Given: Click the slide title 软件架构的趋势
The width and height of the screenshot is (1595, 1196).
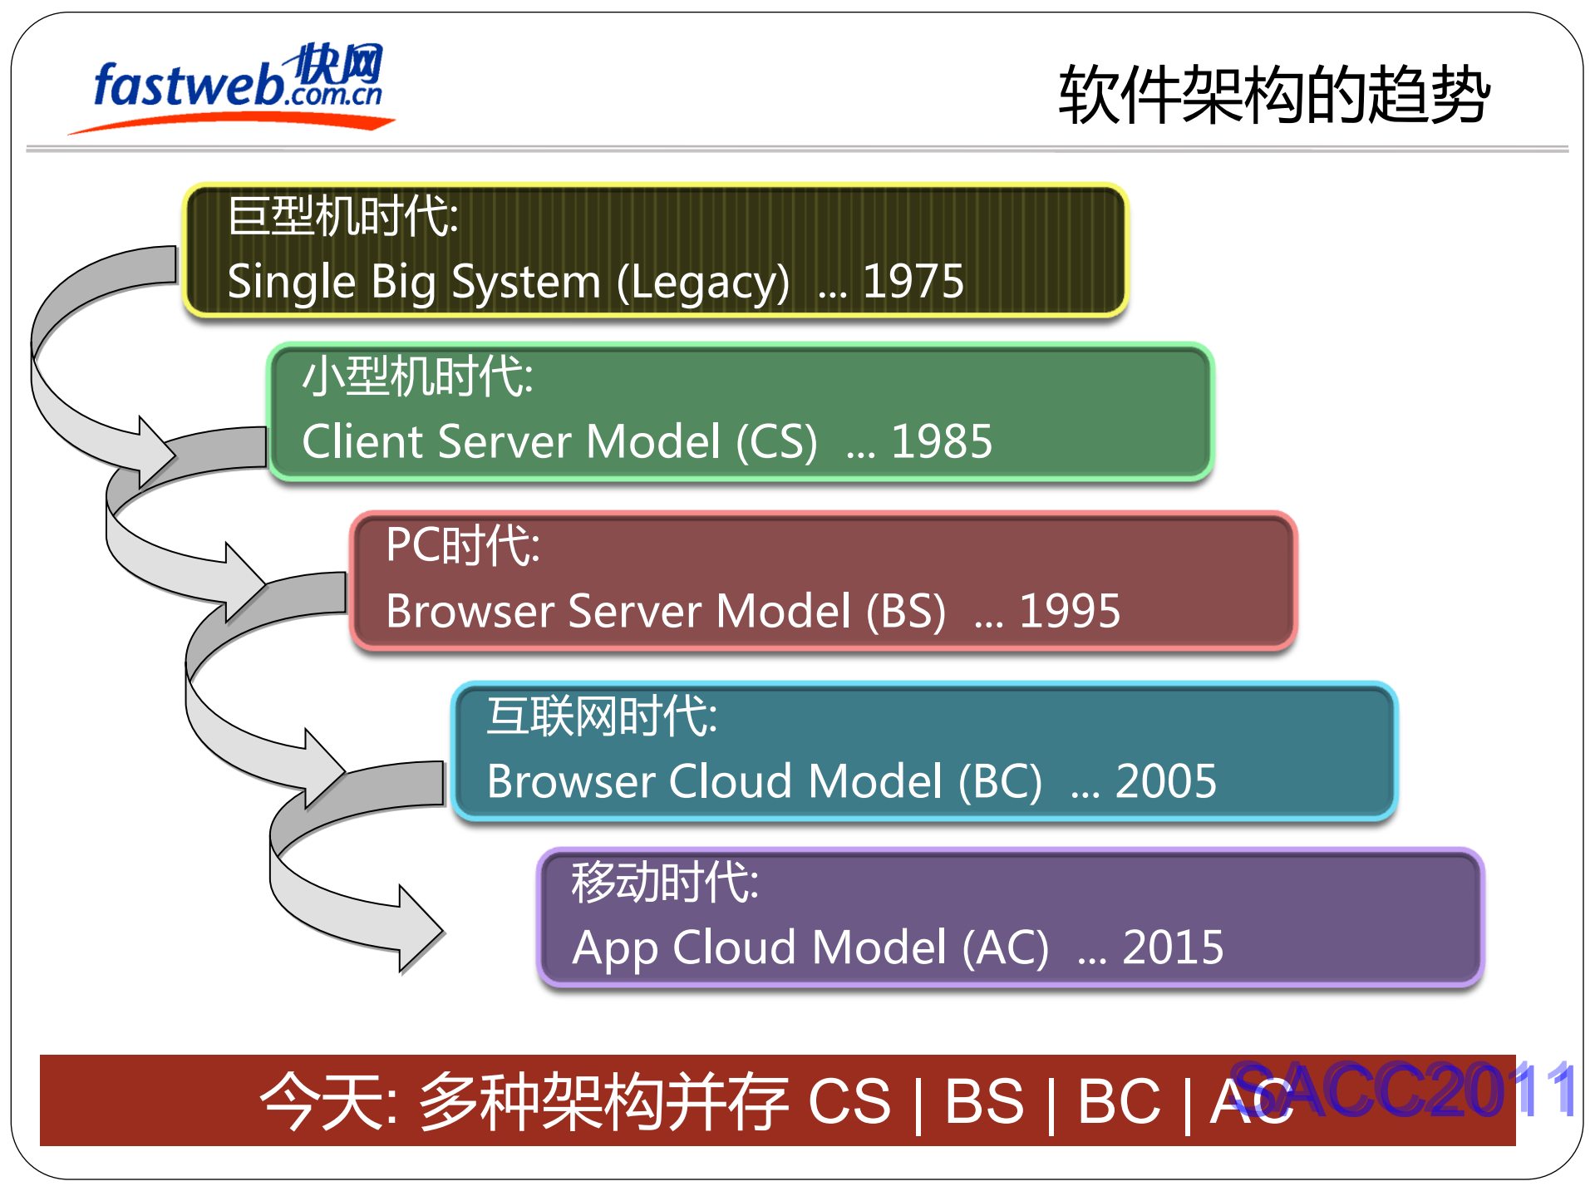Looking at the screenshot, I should click(x=1273, y=95).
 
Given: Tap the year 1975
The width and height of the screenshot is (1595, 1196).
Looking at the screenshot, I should click(x=913, y=281).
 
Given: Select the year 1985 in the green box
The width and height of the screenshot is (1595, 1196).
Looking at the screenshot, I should click(x=942, y=441).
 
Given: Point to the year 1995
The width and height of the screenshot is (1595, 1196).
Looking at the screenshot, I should click(x=1070, y=611).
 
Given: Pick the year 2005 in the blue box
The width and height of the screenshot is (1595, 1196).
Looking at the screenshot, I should click(x=1165, y=781).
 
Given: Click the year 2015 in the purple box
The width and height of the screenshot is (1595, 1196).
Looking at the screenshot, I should click(x=1173, y=947).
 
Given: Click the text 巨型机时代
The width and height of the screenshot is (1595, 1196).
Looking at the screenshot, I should click(x=342, y=216).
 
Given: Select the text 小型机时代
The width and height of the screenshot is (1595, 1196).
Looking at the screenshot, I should click(x=417, y=377).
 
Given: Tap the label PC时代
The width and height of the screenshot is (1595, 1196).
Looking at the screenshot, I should click(x=463, y=546).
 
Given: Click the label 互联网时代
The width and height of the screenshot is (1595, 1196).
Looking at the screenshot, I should click(x=602, y=716).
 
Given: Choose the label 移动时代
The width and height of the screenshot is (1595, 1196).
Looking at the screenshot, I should click(x=664, y=882).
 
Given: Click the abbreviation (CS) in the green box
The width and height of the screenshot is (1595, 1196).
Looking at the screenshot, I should click(x=776, y=442).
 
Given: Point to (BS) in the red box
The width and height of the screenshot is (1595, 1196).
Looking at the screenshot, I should click(x=905, y=612).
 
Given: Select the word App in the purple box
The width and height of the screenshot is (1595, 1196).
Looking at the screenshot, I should click(x=614, y=948).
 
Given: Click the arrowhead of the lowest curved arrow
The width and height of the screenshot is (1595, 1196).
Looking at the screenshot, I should click(x=421, y=929).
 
